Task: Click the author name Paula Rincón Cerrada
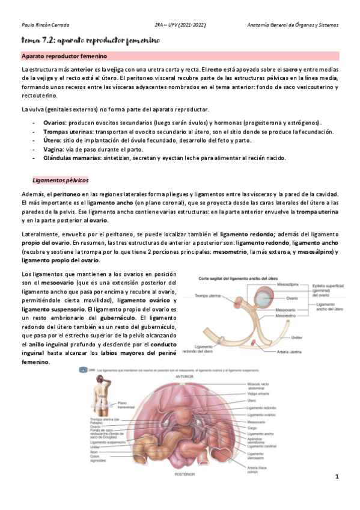[x=46, y=25]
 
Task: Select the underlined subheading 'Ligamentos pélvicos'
[x=60, y=180]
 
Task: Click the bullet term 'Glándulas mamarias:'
[x=72, y=158]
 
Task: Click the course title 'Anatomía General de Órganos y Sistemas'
[x=293, y=25]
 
